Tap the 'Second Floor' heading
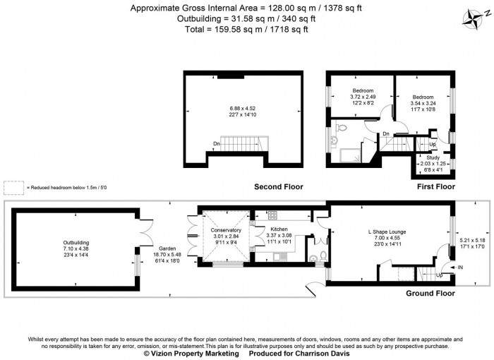tap(279, 187)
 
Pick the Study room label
tap(433, 157)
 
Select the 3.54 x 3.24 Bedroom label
tap(423, 97)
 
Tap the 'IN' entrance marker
tap(460, 268)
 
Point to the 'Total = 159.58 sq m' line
tap(247, 29)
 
